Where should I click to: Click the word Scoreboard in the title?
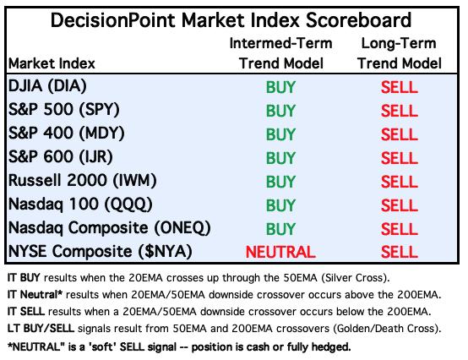[x=359, y=20]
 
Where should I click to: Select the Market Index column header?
[x=52, y=63]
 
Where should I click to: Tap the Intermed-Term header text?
[x=280, y=43]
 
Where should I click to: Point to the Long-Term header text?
[x=399, y=44]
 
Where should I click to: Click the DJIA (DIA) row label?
[x=47, y=86]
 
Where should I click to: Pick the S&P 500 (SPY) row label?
[x=64, y=110]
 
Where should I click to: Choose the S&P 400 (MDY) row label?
[x=66, y=134]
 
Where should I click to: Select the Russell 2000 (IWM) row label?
[x=83, y=181]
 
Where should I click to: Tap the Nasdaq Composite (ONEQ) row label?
[x=110, y=228]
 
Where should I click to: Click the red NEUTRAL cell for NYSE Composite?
[x=280, y=252]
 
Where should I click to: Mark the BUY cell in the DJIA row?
[x=280, y=87]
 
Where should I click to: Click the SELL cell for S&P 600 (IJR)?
[x=400, y=158]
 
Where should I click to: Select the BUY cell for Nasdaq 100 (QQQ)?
[x=280, y=205]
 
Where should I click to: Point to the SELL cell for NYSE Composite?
[x=400, y=252]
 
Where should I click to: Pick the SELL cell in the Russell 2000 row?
[x=400, y=182]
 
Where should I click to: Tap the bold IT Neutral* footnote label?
[x=35, y=295]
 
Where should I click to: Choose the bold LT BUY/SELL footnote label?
[x=41, y=329]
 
